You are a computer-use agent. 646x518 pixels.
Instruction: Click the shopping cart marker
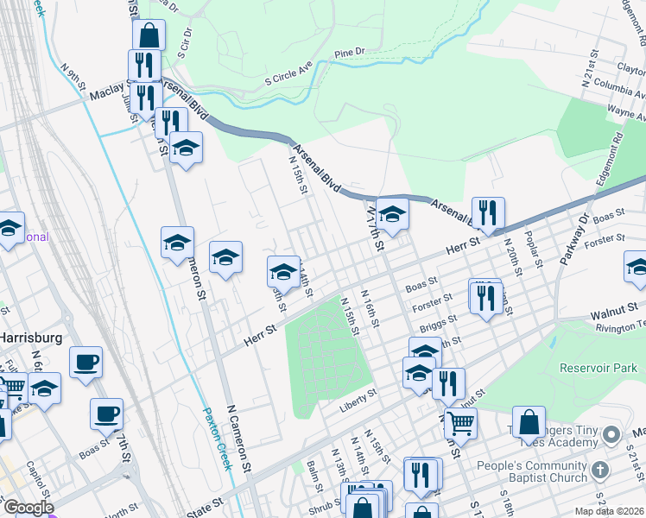pyautogui.click(x=460, y=422)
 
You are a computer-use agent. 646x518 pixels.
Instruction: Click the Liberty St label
pyautogui.click(x=358, y=395)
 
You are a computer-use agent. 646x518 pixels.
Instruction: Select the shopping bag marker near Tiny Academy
pyautogui.click(x=529, y=422)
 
